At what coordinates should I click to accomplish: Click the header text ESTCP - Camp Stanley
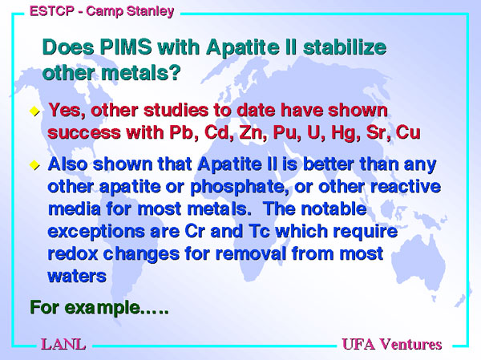(102, 11)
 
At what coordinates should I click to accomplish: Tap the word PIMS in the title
(126, 47)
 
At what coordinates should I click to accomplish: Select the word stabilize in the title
(345, 47)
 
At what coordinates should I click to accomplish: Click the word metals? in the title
(141, 73)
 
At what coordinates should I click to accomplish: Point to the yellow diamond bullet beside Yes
(34, 111)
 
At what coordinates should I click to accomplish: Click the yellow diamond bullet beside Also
(34, 165)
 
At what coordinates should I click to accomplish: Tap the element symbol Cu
(408, 132)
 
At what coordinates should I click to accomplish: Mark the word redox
(73, 253)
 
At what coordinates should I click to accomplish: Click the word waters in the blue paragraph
(77, 277)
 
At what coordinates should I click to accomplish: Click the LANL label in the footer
(63, 344)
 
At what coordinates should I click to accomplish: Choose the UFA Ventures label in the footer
(392, 344)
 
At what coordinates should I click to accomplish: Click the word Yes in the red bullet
(67, 110)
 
